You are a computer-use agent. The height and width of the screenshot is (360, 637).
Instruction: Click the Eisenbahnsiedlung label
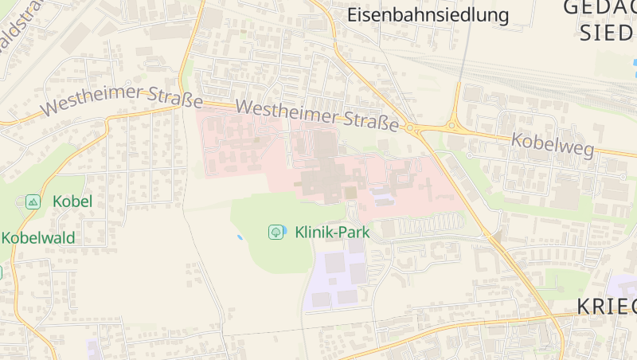tap(428, 14)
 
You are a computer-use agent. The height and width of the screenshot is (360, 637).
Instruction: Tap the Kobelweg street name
tap(552, 145)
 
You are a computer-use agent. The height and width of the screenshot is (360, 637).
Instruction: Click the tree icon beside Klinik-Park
tap(276, 232)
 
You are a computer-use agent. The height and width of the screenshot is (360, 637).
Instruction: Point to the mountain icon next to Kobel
tap(33, 202)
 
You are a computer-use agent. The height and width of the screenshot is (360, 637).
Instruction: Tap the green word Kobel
tap(72, 202)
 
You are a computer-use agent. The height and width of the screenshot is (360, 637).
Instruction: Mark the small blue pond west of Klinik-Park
tap(240, 237)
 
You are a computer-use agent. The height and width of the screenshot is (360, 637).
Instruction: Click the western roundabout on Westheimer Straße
tap(412, 128)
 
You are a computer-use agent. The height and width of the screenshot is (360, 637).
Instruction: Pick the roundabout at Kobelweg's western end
tap(453, 125)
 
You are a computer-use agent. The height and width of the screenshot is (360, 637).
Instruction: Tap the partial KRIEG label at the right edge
tap(605, 307)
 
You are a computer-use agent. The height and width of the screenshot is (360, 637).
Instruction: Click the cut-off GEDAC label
tap(599, 8)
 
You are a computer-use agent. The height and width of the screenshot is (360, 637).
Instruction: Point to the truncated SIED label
tap(608, 32)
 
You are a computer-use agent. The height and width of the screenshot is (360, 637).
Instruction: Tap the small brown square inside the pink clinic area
tap(350, 192)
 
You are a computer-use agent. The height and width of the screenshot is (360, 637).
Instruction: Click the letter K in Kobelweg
tap(518, 139)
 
